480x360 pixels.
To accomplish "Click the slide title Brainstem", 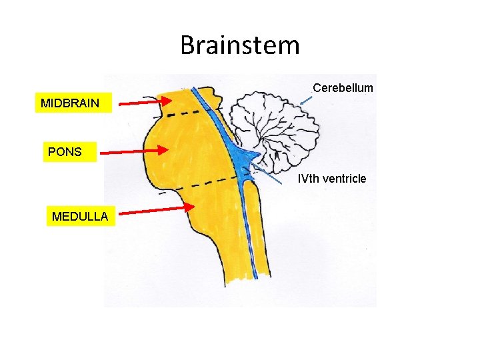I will [x=240, y=45].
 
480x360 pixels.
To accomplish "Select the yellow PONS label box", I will [x=65, y=151].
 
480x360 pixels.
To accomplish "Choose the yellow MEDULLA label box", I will [x=80, y=216].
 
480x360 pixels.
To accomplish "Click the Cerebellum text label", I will [x=343, y=88].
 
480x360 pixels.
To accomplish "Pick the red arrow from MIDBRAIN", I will [x=143, y=101].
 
